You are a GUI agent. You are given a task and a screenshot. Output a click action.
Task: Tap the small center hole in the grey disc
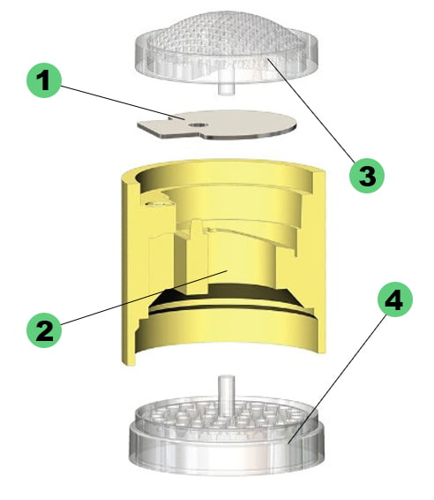(195, 126)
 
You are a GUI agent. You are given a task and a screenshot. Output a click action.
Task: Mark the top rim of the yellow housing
(221, 169)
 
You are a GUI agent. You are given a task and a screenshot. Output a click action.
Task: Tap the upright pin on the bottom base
(226, 390)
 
